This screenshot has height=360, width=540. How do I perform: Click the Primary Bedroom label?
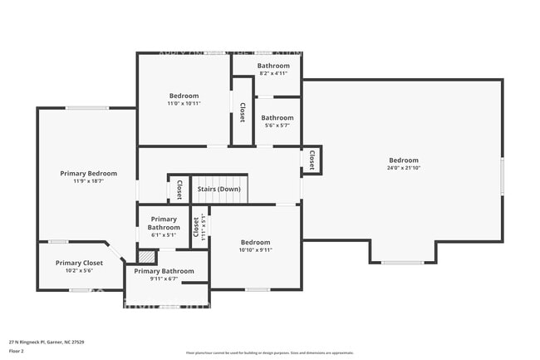88,173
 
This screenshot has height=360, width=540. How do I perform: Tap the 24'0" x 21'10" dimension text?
404,168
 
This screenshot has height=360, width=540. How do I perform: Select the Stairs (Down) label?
219,189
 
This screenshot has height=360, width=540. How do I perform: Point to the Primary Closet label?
80,263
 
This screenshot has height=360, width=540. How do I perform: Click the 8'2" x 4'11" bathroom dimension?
273,73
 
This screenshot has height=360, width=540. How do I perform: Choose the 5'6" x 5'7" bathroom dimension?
277,126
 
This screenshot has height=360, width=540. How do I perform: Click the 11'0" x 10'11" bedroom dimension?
184,104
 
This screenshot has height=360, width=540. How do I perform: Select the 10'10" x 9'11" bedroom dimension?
256,249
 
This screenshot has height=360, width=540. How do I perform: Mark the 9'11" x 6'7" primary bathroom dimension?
164,279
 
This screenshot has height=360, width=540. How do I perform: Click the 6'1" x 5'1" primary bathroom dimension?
164,234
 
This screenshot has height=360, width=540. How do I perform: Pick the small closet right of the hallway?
312,160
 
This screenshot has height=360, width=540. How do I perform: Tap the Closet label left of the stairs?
179,190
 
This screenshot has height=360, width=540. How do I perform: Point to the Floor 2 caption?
17,351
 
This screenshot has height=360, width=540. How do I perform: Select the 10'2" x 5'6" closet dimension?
80,271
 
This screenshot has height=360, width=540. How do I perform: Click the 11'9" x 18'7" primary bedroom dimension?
88,181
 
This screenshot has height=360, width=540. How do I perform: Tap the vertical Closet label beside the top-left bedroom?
242,112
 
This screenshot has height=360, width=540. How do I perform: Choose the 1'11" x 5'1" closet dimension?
203,227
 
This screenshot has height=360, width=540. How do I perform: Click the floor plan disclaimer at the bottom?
270,353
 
